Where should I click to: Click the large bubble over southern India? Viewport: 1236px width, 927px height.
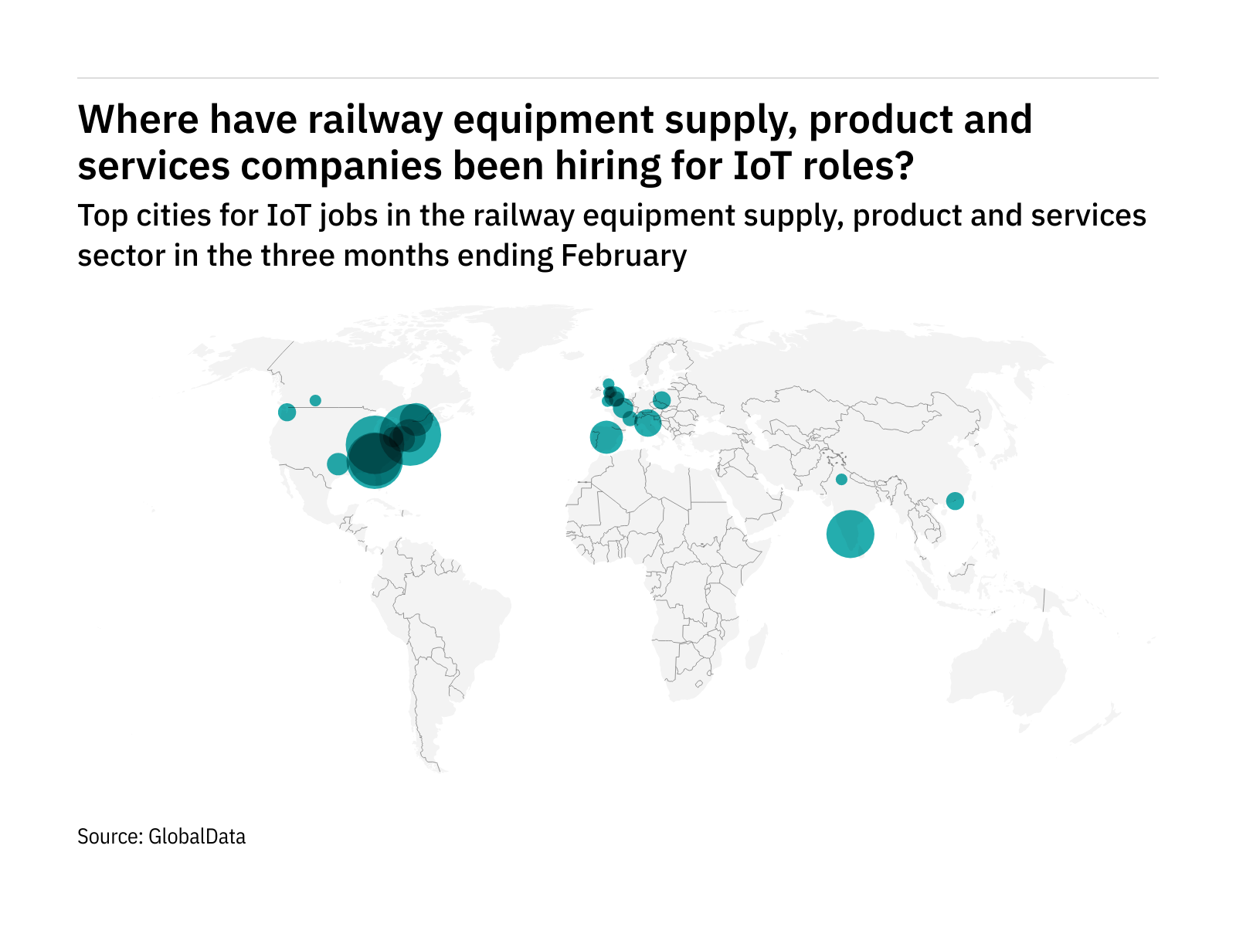pyautogui.click(x=850, y=534)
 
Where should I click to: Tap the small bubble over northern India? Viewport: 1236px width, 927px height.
pyautogui.click(x=841, y=480)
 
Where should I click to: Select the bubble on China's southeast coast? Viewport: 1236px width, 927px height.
pyautogui.click(x=955, y=501)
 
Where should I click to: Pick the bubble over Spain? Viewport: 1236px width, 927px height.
pyautogui.click(x=606, y=437)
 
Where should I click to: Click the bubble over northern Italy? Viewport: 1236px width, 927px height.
pyautogui.click(x=647, y=423)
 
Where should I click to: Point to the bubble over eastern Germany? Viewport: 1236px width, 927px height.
pyautogui.click(x=661, y=400)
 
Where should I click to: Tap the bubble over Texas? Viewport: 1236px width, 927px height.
pyautogui.click(x=338, y=464)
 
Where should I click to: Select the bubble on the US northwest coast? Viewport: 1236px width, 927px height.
pyautogui.click(x=287, y=413)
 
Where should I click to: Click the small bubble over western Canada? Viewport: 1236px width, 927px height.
pyautogui.click(x=315, y=400)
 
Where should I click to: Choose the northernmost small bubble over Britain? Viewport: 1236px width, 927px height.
pyautogui.click(x=608, y=384)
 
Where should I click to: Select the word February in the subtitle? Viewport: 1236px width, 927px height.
pyautogui.click(x=623, y=256)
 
